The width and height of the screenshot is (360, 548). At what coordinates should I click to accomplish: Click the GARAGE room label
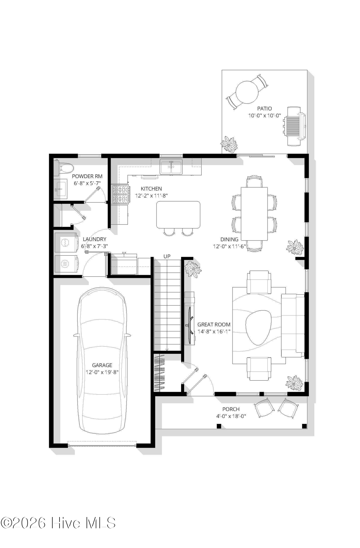[x=102, y=365]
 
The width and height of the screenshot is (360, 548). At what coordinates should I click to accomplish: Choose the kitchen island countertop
[x=178, y=215]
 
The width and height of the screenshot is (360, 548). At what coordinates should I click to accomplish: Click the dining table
[x=254, y=213]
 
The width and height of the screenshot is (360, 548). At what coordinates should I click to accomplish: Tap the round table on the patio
[x=247, y=92]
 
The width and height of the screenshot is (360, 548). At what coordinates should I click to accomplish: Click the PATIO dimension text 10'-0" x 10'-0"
[x=265, y=116]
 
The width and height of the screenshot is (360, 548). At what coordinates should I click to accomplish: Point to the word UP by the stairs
[x=167, y=256]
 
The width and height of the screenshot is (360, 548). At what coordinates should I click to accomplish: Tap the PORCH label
[x=231, y=409]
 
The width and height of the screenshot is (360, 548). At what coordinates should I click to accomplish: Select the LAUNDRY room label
[x=95, y=239]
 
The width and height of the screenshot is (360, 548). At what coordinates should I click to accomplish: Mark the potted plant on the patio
[x=229, y=144]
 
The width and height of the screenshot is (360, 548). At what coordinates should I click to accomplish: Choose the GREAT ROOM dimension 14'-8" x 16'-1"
[x=214, y=332]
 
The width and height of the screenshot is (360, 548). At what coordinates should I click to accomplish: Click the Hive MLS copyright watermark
[x=58, y=523]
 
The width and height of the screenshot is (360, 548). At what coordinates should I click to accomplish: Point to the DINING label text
[x=229, y=239]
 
